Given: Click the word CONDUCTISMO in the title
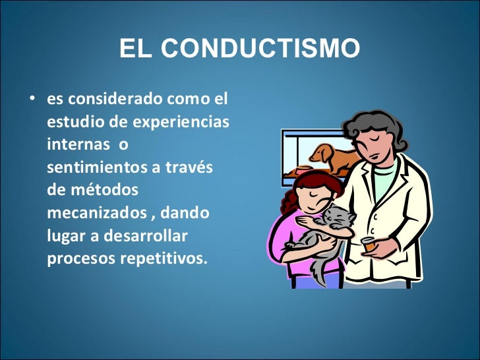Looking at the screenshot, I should click(260, 49).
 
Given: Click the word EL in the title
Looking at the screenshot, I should click(136, 49).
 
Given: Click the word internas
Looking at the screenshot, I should click(73, 145).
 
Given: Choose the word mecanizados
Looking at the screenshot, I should click(96, 213).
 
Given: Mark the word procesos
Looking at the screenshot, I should click(80, 258).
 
